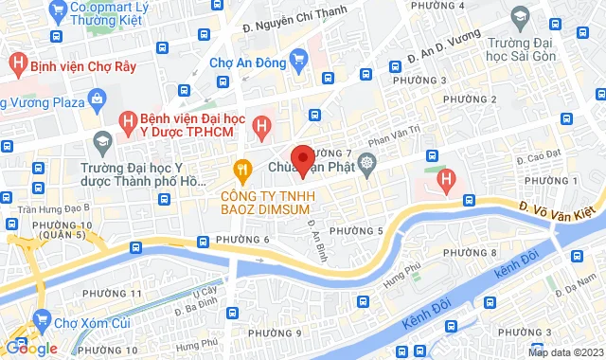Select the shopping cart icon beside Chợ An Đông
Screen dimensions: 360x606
point(299,62)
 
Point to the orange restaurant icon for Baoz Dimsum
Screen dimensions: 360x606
point(242,170)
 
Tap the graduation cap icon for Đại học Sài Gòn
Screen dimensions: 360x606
point(519,16)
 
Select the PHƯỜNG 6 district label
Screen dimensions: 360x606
point(241,239)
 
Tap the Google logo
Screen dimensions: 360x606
point(30,348)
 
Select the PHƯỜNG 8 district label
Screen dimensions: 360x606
point(469,253)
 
